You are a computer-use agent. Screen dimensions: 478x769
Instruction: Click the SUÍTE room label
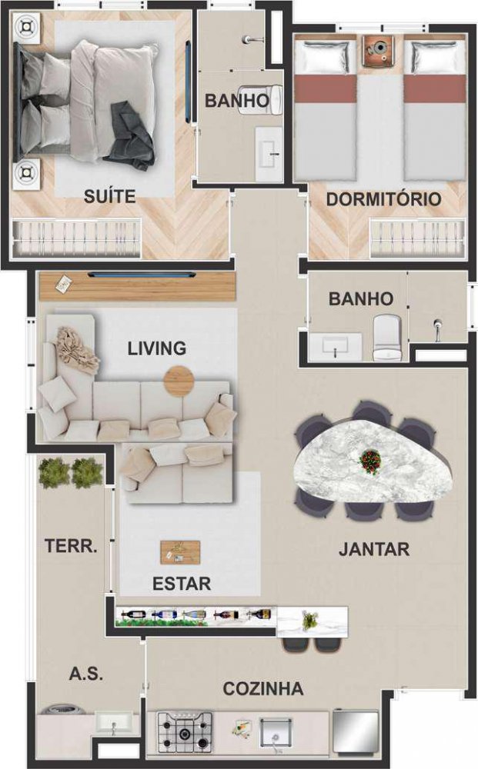[x=109, y=196]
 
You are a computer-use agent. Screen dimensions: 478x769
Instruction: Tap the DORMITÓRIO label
[x=383, y=199]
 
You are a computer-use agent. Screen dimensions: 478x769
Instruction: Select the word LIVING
[x=157, y=348]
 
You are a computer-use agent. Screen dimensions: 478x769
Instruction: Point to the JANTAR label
[x=374, y=549]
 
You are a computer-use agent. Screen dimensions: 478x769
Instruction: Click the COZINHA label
[x=263, y=689]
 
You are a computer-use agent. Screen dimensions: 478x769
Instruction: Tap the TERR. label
[x=71, y=546]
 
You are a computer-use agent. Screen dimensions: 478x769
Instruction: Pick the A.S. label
[x=86, y=674]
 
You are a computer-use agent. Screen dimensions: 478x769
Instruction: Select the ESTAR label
[x=182, y=584]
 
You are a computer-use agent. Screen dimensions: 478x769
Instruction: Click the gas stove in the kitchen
[x=185, y=733]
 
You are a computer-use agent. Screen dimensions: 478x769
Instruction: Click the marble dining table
[x=373, y=461]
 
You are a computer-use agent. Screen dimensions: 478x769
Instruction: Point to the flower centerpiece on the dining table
[x=370, y=461]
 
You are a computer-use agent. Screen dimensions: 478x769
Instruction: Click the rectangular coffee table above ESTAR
[x=180, y=552]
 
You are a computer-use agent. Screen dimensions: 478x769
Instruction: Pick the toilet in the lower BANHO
[x=388, y=338]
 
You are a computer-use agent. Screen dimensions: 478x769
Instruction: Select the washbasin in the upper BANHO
[x=269, y=153]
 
